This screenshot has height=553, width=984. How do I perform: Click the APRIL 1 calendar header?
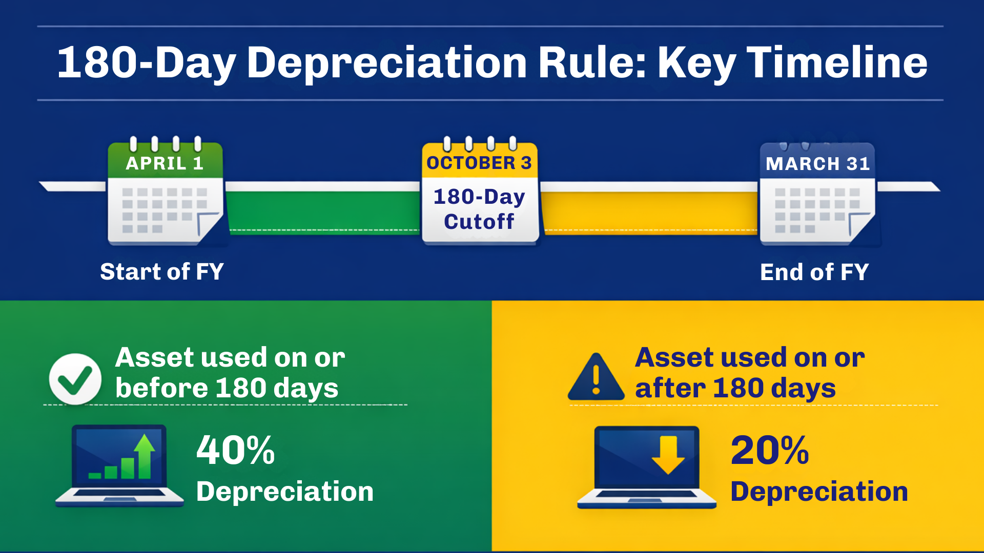point(165,163)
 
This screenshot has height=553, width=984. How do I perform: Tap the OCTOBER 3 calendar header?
point(479,163)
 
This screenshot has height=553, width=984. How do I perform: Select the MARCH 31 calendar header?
point(817,164)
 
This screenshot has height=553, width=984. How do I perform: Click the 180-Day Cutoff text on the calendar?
point(479,209)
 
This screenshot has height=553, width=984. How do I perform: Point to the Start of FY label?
point(162,271)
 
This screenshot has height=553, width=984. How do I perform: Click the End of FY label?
point(814,272)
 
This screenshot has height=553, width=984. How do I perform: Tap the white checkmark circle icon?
point(75,379)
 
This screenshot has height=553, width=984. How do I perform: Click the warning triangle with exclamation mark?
point(596,378)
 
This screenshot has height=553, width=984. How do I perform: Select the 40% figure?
point(236,451)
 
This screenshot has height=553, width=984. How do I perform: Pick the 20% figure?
point(770,451)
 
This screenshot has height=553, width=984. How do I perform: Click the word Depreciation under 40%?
point(285,492)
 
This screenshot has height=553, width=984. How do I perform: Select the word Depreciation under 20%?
point(819,492)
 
